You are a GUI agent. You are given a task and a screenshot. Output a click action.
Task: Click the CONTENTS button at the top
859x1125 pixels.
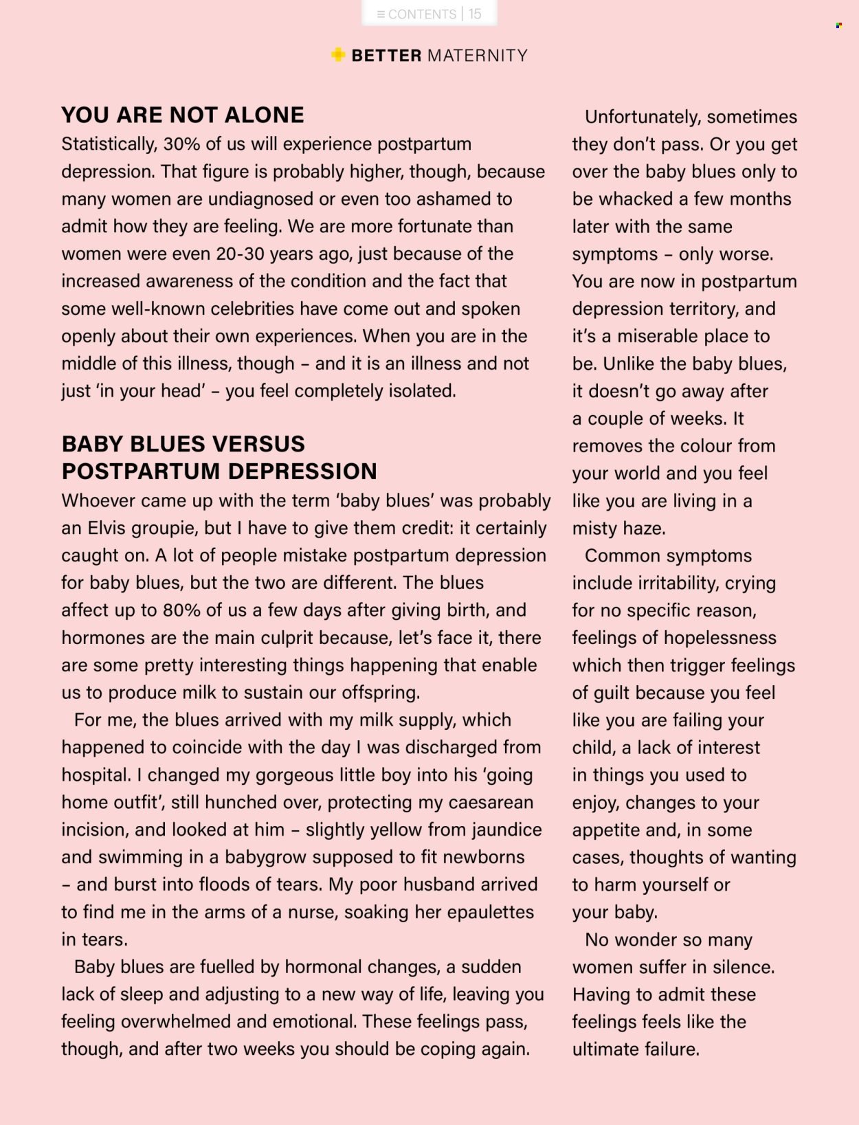click(416, 14)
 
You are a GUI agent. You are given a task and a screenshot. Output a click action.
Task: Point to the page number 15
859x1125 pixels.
click(475, 14)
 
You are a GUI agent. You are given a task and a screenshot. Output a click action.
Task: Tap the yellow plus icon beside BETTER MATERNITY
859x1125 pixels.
click(338, 54)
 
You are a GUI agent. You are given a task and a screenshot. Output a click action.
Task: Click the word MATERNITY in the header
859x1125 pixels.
click(478, 56)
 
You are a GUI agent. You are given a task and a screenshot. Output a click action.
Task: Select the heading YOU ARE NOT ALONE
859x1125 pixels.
click(183, 115)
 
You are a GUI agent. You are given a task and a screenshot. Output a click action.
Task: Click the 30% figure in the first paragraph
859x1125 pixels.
click(182, 144)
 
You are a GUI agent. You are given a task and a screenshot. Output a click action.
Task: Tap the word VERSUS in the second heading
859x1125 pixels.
click(258, 444)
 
